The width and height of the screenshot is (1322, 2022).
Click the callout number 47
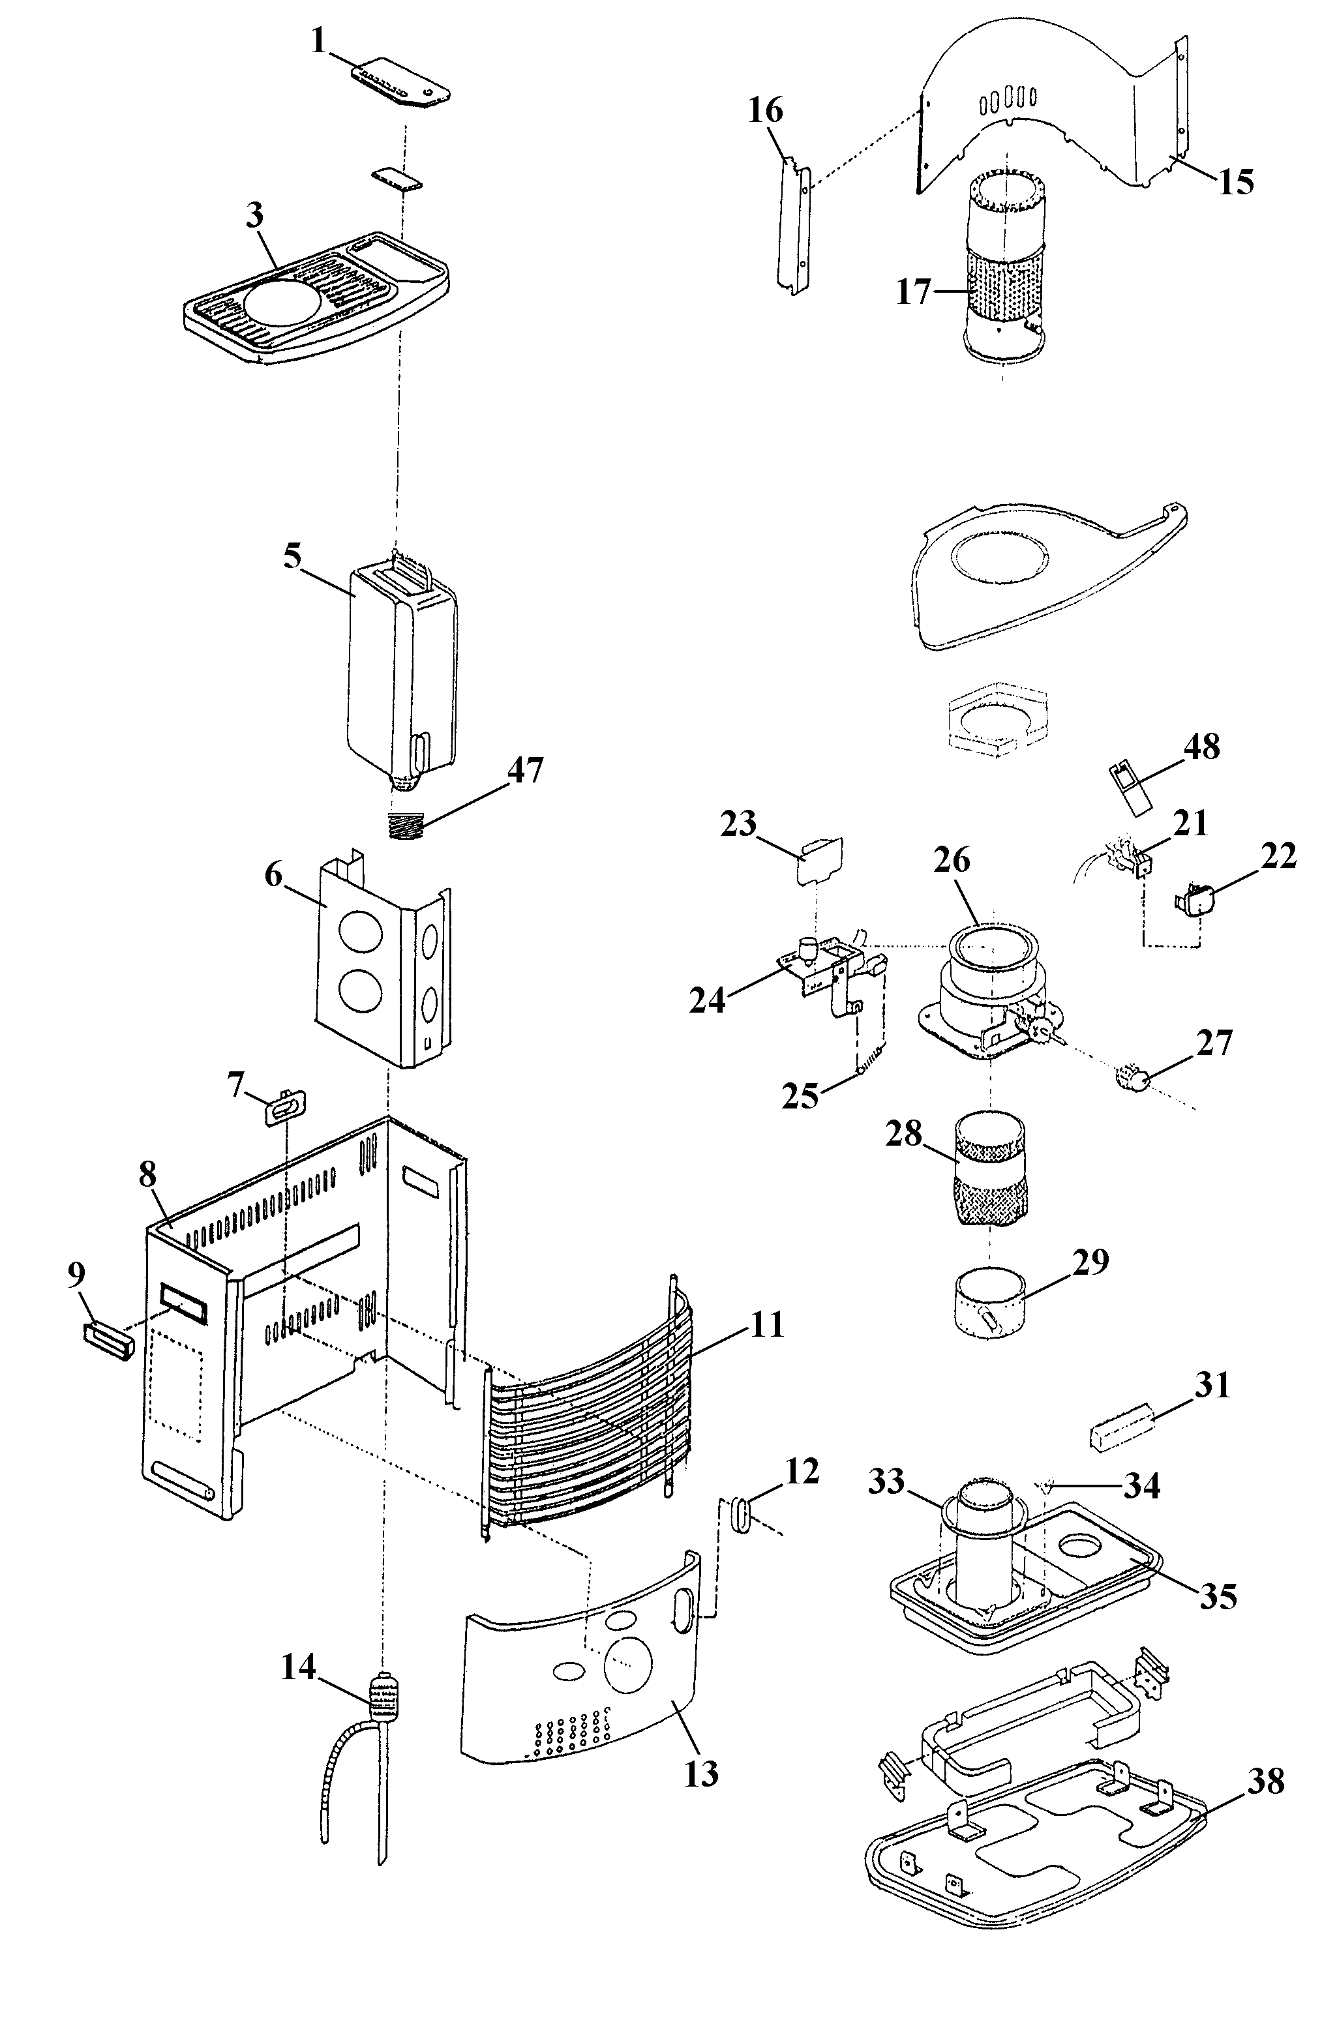pos(524,771)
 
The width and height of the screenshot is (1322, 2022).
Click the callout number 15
pos(1235,182)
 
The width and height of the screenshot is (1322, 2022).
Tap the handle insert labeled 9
pos(108,1341)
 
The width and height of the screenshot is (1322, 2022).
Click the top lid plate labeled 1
pos(400,82)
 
